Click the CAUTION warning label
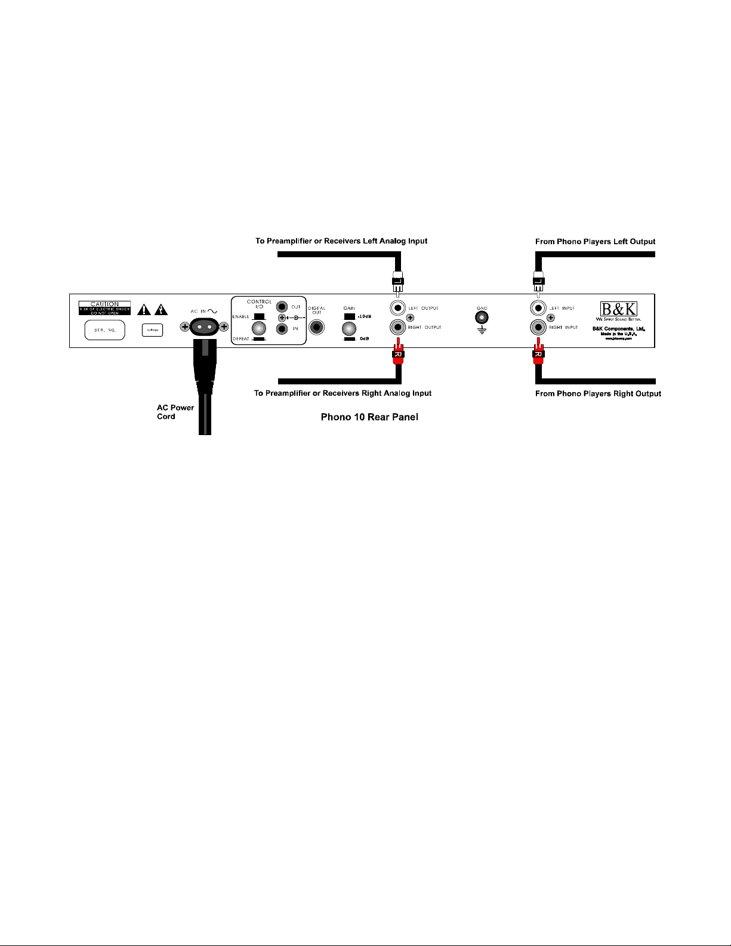[x=104, y=307]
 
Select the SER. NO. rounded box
[x=104, y=329]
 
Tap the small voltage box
[x=152, y=330]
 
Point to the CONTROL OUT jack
[x=282, y=307]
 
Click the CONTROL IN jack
[x=282, y=328]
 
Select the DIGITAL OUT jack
[x=316, y=328]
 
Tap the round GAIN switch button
[x=349, y=328]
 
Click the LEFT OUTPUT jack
[x=398, y=308]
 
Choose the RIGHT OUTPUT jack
[x=398, y=327]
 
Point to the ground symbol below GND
[x=482, y=330]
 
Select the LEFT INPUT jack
[x=539, y=308]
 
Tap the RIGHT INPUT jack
[x=539, y=327]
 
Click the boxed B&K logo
[x=618, y=309]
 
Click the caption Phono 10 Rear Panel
[x=369, y=417]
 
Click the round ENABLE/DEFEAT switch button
[x=259, y=328]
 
